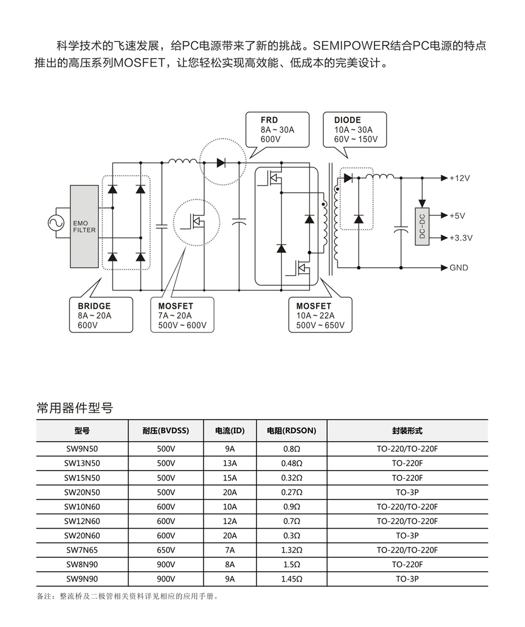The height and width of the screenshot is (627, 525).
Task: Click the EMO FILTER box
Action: (x=84, y=226)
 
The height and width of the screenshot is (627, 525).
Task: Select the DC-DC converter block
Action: (x=422, y=226)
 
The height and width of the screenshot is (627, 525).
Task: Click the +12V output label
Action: (x=460, y=178)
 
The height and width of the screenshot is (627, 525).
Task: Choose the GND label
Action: (x=459, y=267)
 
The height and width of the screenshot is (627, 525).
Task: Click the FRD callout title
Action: (x=269, y=120)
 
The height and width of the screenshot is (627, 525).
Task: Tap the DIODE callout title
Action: (x=347, y=120)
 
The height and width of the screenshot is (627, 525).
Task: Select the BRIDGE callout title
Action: (x=94, y=306)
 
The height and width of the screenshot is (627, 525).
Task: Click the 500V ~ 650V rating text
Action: (x=320, y=326)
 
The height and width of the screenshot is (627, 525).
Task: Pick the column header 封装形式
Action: (x=407, y=431)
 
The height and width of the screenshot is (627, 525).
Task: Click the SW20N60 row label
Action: (x=82, y=535)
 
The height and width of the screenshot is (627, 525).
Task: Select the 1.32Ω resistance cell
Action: (x=291, y=550)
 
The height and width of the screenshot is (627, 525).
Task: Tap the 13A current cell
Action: (x=230, y=463)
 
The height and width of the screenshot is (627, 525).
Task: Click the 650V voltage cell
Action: (x=166, y=550)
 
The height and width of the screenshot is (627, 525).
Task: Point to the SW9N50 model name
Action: (x=82, y=449)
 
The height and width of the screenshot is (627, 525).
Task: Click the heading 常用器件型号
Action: (x=74, y=408)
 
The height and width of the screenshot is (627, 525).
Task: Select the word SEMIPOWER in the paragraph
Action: (x=348, y=45)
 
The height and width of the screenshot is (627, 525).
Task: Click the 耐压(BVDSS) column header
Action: (x=166, y=431)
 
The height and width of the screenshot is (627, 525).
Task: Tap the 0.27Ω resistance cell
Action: (x=291, y=492)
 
